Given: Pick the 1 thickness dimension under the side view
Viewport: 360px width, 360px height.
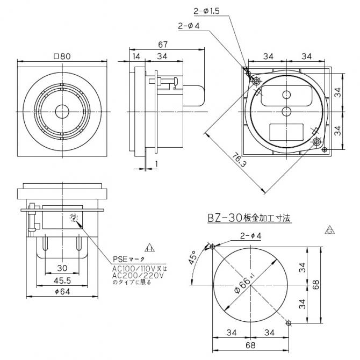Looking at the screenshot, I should tap(156, 163).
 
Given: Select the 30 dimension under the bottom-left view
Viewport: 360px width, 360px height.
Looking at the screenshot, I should tap(62, 268).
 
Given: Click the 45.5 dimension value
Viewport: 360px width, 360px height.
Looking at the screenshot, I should tap(62, 280).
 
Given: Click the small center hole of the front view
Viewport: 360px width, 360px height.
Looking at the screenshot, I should tap(62, 112).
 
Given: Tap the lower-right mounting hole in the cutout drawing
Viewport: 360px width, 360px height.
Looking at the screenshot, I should tap(289, 322).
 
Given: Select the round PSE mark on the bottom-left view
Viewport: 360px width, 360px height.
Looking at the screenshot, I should tap(74, 218).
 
